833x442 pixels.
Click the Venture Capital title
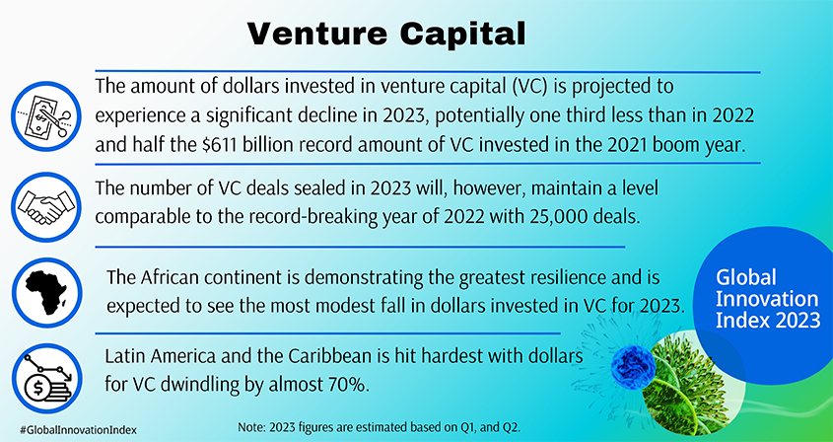point(385,32)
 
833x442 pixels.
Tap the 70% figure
point(339,382)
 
